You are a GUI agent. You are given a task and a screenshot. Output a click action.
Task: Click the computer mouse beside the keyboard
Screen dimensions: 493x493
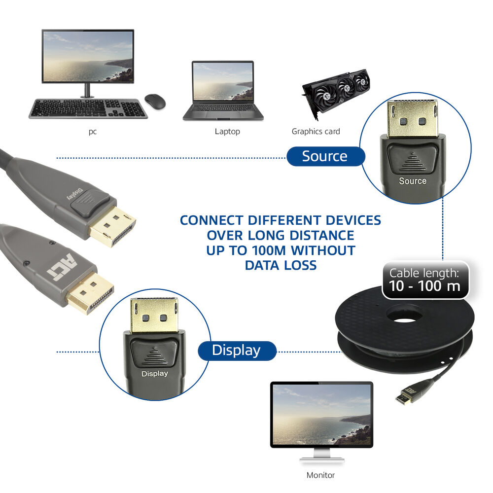155,101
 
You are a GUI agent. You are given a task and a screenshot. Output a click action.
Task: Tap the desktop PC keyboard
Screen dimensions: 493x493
88,108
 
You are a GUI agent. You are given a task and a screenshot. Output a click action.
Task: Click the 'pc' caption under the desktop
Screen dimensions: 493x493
93,132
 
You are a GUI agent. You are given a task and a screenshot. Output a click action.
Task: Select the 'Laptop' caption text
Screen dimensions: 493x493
227,132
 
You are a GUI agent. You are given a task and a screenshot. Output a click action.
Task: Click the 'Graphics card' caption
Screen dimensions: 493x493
316,132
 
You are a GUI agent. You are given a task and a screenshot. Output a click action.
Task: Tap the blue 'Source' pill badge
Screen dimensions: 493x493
325,156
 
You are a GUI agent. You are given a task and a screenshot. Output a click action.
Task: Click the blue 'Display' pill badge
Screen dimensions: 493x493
237,351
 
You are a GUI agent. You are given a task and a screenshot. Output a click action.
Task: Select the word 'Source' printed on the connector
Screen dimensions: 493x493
413,181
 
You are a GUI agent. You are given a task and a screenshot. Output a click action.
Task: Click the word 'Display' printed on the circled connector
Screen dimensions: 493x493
155,374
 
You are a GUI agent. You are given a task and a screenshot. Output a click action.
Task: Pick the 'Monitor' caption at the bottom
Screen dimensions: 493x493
320,475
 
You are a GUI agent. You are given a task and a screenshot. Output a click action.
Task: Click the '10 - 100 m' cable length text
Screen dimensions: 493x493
424,286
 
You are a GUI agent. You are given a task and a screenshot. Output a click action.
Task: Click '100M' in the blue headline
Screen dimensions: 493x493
269,250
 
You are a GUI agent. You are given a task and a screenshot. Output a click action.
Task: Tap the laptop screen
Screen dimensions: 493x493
223,81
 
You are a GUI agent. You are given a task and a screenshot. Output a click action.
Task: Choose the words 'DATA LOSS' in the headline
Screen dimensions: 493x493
281,265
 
